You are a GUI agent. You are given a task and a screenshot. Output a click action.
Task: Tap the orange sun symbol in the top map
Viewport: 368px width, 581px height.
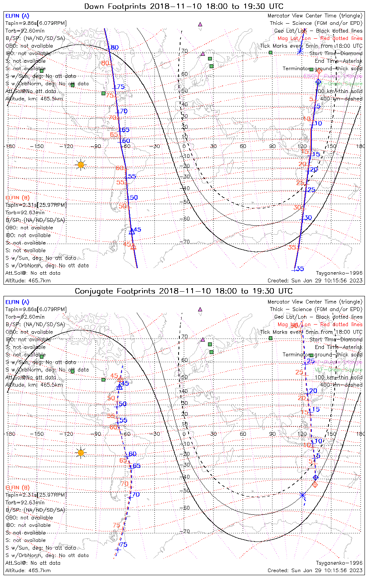click(x=81, y=165)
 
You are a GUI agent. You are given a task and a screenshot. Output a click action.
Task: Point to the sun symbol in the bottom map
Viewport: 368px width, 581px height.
click(x=81, y=452)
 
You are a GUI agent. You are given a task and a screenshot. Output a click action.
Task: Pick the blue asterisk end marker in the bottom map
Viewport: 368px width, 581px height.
click(x=303, y=495)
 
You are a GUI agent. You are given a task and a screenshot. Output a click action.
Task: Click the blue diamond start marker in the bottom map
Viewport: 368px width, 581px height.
click(x=316, y=477)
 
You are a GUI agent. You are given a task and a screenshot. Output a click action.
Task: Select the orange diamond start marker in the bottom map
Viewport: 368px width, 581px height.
click(x=315, y=485)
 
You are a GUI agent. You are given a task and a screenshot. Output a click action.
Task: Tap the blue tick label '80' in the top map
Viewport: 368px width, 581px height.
click(x=114, y=48)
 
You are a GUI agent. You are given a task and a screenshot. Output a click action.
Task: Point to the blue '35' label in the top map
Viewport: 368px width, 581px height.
click(x=300, y=269)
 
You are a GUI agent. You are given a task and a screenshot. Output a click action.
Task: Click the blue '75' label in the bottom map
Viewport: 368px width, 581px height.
click(x=124, y=545)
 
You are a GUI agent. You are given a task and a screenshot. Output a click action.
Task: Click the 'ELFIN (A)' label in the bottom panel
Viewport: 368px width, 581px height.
click(x=17, y=302)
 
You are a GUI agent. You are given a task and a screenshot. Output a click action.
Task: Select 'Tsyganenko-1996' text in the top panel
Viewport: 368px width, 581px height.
click(x=339, y=273)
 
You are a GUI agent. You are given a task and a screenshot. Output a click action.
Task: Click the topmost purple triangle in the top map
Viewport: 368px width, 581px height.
click(x=200, y=24)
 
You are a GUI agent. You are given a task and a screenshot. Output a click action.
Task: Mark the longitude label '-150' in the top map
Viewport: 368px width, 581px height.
click(x=38, y=146)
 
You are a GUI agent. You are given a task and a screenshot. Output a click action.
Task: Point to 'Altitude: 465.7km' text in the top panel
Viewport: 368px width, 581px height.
click(x=28, y=281)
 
